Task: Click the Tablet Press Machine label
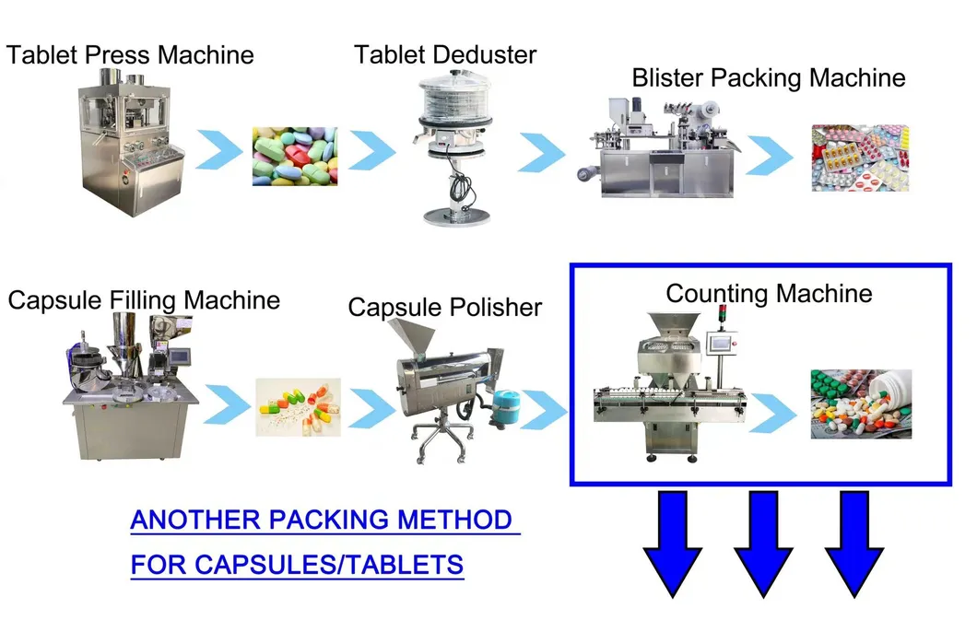pos(130,54)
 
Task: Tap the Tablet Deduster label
pos(445,54)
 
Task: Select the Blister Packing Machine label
pos(769,78)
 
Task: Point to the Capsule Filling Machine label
pos(144,300)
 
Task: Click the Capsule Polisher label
pos(445,308)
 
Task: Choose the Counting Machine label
pos(769,294)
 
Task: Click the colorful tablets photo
pos(295,157)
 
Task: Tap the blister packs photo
pos(860,158)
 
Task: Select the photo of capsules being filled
pos(298,407)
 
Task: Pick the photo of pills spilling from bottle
pos(861,404)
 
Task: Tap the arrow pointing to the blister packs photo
pos(771,155)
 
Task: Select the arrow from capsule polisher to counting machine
pos(544,410)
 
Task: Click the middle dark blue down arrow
pos(763,544)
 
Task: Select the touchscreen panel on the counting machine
pos(723,343)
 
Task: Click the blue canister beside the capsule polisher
pos(508,407)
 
